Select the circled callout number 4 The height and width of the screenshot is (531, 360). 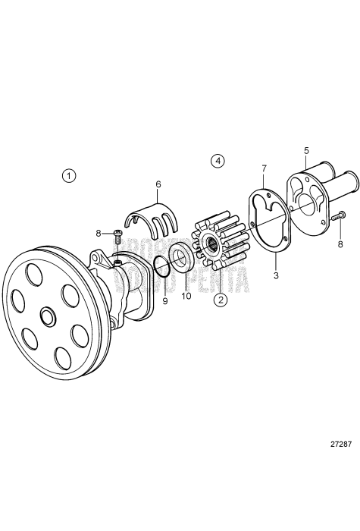[218, 161]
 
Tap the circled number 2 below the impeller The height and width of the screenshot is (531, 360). [221, 300]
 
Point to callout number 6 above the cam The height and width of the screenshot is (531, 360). [158, 184]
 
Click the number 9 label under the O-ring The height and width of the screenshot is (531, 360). [165, 301]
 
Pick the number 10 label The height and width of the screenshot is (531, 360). [186, 296]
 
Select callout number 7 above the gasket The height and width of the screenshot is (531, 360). [264, 168]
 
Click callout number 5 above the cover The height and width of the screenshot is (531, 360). [306, 150]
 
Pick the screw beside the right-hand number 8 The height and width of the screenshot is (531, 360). [338, 218]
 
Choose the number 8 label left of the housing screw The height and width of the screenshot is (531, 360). [99, 234]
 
